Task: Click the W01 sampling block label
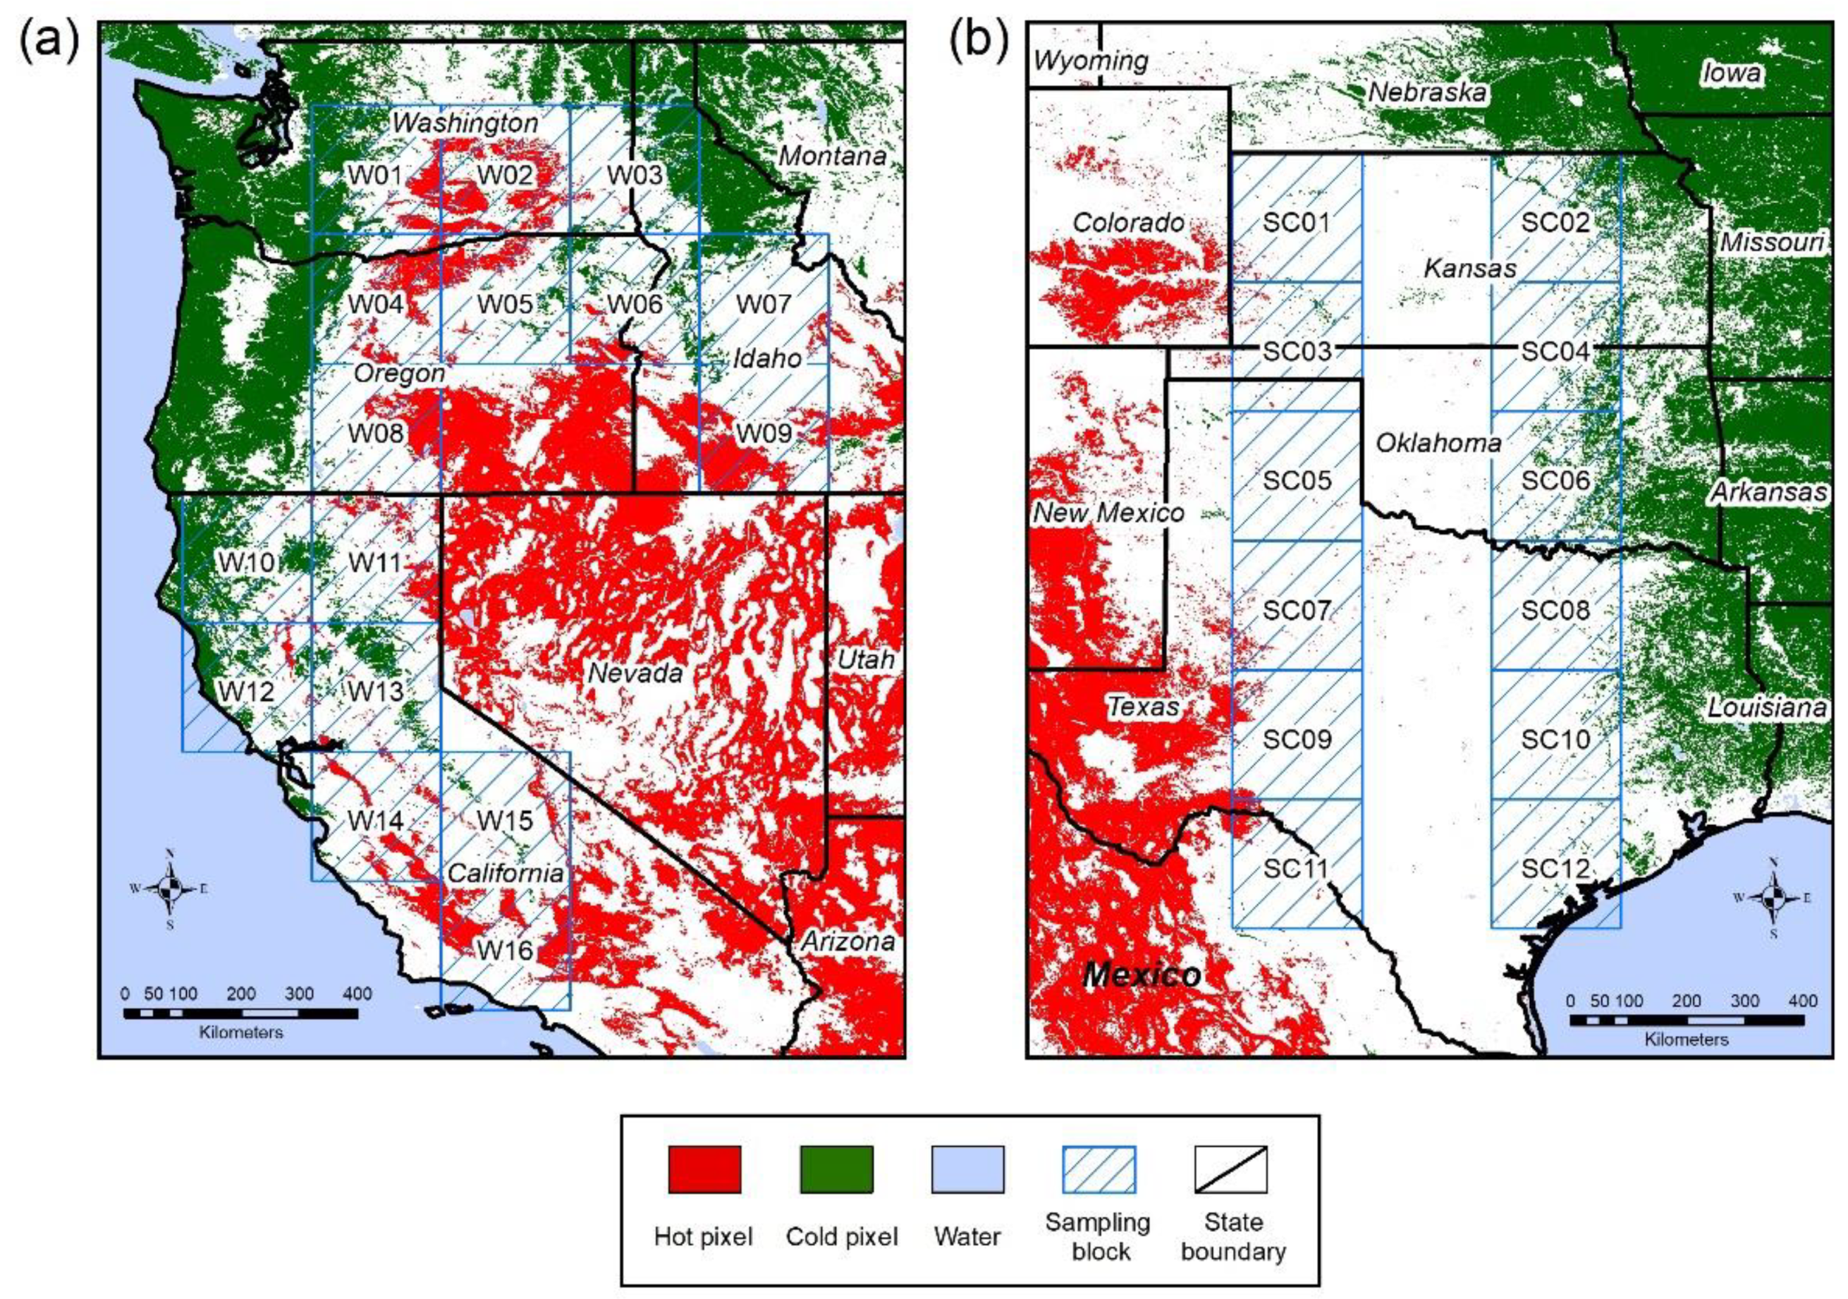tap(375, 175)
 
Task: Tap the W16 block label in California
tap(505, 950)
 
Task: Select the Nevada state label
tap(635, 673)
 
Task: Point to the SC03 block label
tap(1296, 352)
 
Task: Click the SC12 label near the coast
tap(1554, 868)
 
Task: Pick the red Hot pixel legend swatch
tap(704, 1169)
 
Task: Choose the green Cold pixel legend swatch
tap(836, 1169)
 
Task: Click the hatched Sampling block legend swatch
tap(1099, 1169)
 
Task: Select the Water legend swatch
tap(967, 1169)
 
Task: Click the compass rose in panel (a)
tap(170, 889)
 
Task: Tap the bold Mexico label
tap(1142, 975)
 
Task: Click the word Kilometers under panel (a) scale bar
tap(240, 1032)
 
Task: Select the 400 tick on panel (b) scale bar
tap(1802, 1001)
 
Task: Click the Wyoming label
tap(1091, 61)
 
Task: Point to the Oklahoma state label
tap(1438, 443)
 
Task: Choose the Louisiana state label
tap(1766, 708)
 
